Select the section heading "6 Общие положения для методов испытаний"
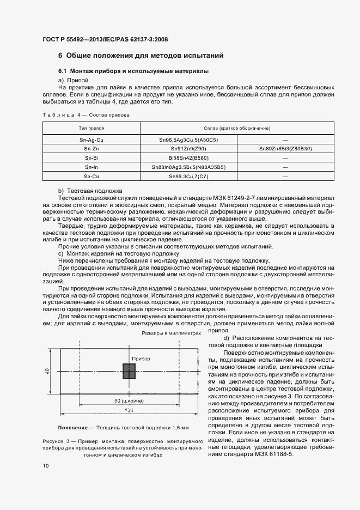[x=141, y=56]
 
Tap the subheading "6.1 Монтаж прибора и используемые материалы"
[x=133, y=71]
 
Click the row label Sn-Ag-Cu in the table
[x=91, y=140]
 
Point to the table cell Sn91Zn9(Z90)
[x=188, y=149]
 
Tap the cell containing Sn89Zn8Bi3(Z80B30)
[x=285, y=149]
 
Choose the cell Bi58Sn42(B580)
[x=188, y=158]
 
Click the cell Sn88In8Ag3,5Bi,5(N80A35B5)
[x=188, y=167]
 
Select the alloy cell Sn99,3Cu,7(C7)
[x=188, y=177]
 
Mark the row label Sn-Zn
[x=91, y=149]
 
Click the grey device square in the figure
[x=129, y=372]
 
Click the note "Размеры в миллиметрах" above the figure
[x=172, y=333]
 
